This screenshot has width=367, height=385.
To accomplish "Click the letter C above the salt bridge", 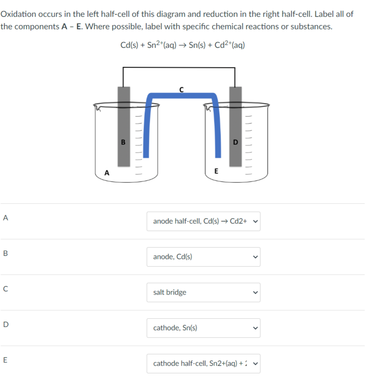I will point(181,88).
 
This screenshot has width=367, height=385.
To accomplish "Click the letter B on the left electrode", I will point(123,143).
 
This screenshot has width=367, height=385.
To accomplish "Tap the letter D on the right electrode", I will point(235,143).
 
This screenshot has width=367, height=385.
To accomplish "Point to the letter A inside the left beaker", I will point(107,172).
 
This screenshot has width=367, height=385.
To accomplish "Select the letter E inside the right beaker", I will point(216,171).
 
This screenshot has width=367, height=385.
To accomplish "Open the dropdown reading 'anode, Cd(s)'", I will point(203,257).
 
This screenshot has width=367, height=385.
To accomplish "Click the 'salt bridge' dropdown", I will point(203,292).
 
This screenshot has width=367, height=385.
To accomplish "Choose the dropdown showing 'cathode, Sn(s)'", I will point(203,328).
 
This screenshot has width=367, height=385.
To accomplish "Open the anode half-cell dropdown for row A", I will point(203,221).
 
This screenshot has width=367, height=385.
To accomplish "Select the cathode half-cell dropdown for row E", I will point(203,363).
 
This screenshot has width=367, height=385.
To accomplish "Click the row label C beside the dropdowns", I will point(5,289).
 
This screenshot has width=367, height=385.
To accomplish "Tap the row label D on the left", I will point(5,324).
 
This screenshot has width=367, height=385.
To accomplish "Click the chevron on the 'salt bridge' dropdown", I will point(255,292).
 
